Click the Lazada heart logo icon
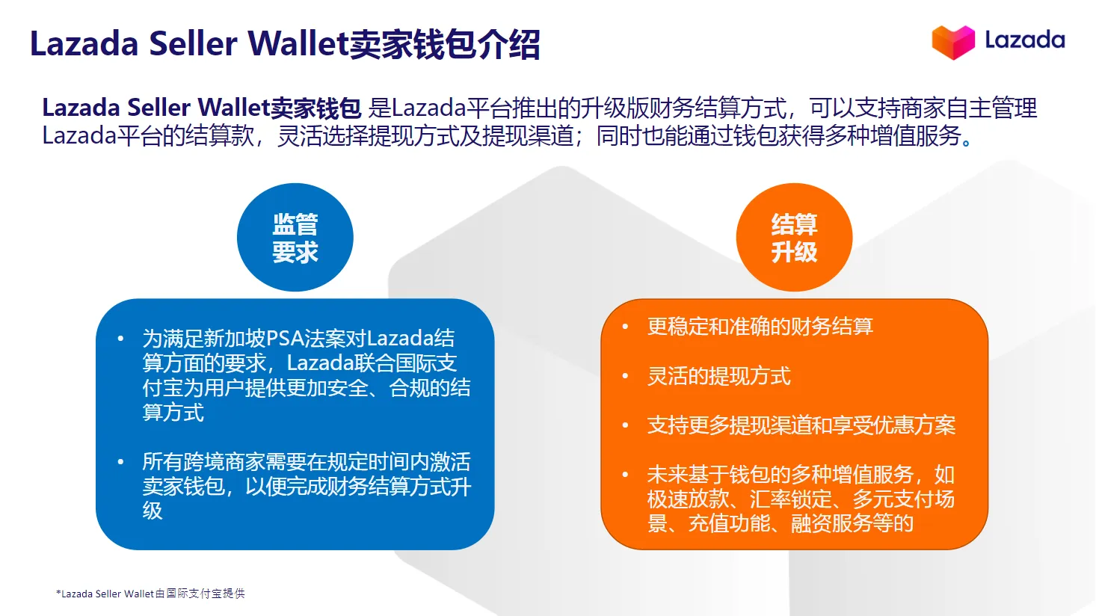953,42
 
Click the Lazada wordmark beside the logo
1024,40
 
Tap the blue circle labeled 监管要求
295,238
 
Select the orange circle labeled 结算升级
794,238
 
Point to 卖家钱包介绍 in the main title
445,44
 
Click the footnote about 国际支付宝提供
150,594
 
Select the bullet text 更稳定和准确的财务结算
760,327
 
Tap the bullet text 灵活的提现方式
718,376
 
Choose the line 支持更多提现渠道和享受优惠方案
801,425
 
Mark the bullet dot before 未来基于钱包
625,475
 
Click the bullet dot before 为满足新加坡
120,339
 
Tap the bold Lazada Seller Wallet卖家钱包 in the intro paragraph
201,108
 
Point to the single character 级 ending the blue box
153,511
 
